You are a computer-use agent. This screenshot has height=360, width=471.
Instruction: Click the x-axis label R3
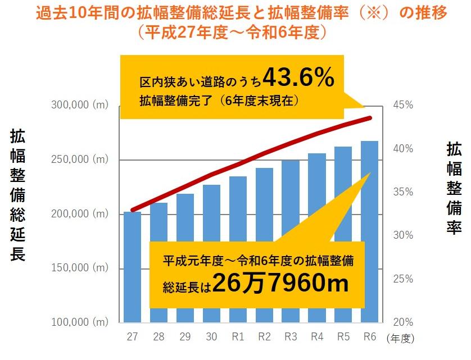click(291, 337)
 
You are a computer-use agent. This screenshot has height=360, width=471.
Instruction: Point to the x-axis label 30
click(211, 337)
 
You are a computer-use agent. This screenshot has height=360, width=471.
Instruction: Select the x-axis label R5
click(343, 337)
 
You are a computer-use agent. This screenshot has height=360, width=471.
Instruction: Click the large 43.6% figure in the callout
click(298, 79)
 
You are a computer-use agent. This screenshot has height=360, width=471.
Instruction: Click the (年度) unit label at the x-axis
click(400, 338)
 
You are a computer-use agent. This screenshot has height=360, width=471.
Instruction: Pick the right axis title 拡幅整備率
click(454, 188)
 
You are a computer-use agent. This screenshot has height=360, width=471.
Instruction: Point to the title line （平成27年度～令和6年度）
click(235, 32)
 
